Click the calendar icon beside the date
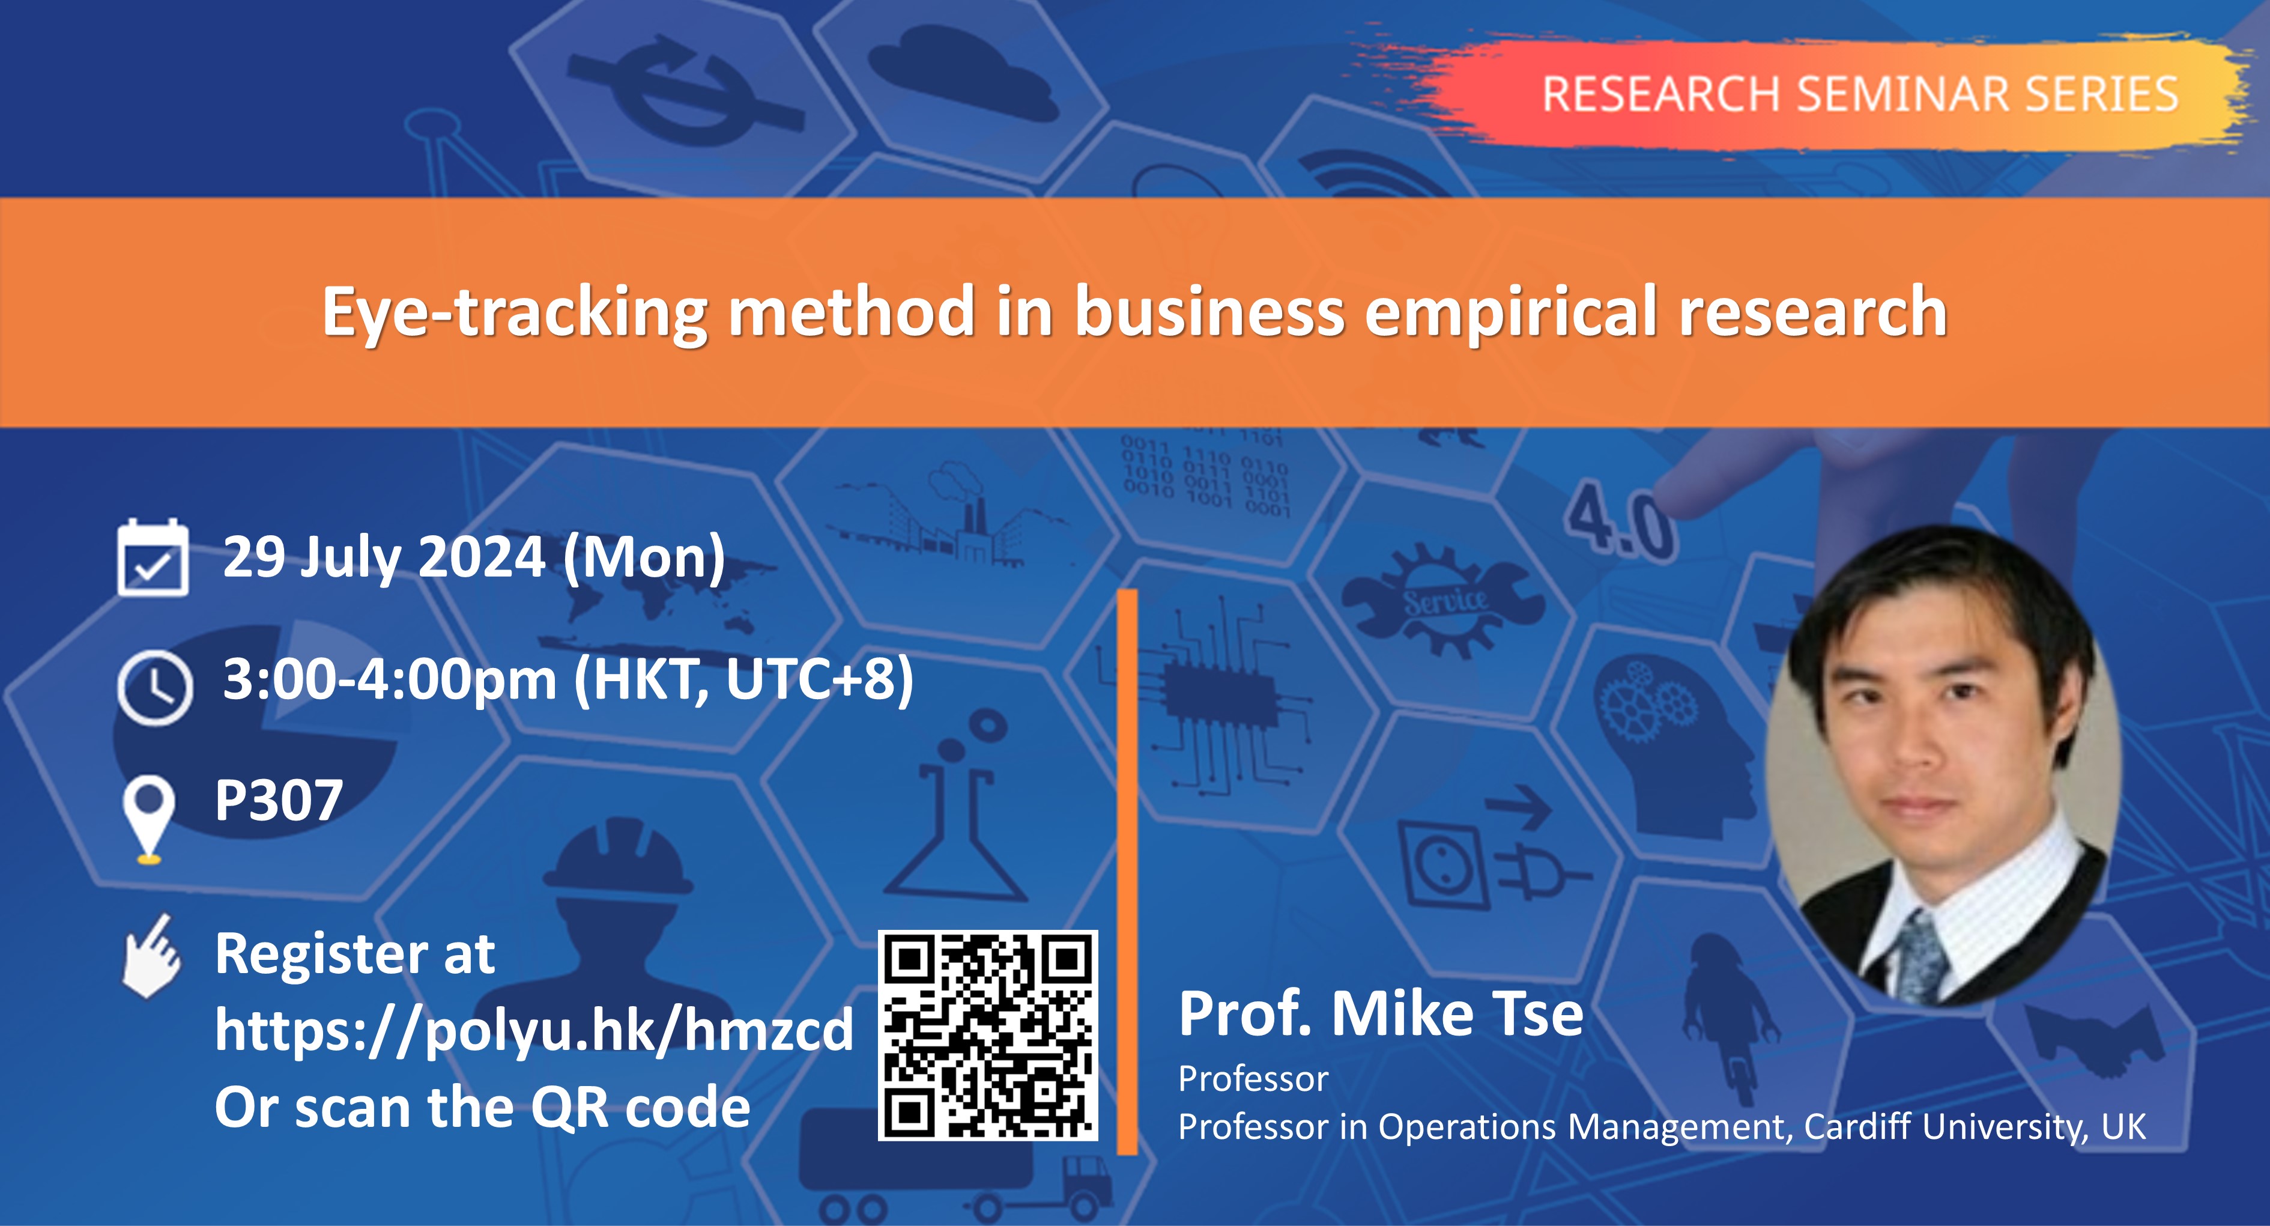153,559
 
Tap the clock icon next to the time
154,687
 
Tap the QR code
988,1036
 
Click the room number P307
279,800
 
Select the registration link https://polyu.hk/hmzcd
534,1030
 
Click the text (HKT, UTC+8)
743,681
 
